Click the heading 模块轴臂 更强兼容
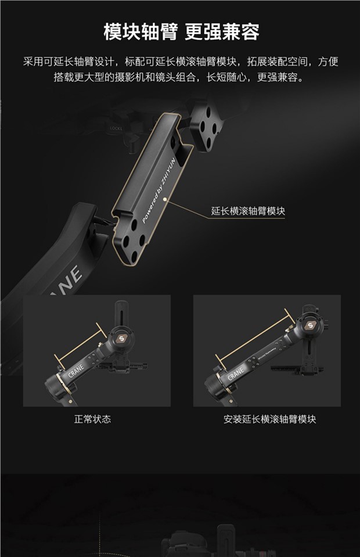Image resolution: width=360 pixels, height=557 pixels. point(181,32)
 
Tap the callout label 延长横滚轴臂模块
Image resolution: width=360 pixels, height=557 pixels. point(248,211)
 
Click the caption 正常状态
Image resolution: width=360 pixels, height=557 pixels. point(92,419)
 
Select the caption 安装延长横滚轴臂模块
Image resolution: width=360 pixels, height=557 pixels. point(269,419)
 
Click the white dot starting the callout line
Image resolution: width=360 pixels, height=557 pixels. point(164,200)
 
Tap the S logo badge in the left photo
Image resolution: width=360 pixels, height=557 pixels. point(122,339)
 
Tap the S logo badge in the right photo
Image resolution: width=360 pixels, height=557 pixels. point(310,325)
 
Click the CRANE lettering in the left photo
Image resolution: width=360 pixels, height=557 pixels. point(76,371)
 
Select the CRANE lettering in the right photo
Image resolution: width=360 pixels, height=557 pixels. point(235,373)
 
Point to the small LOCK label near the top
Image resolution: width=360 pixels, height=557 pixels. point(116,128)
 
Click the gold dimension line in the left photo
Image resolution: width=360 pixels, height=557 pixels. point(81,344)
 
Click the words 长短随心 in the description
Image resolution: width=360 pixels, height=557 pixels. point(227,77)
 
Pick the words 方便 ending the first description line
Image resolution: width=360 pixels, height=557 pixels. point(328,62)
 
